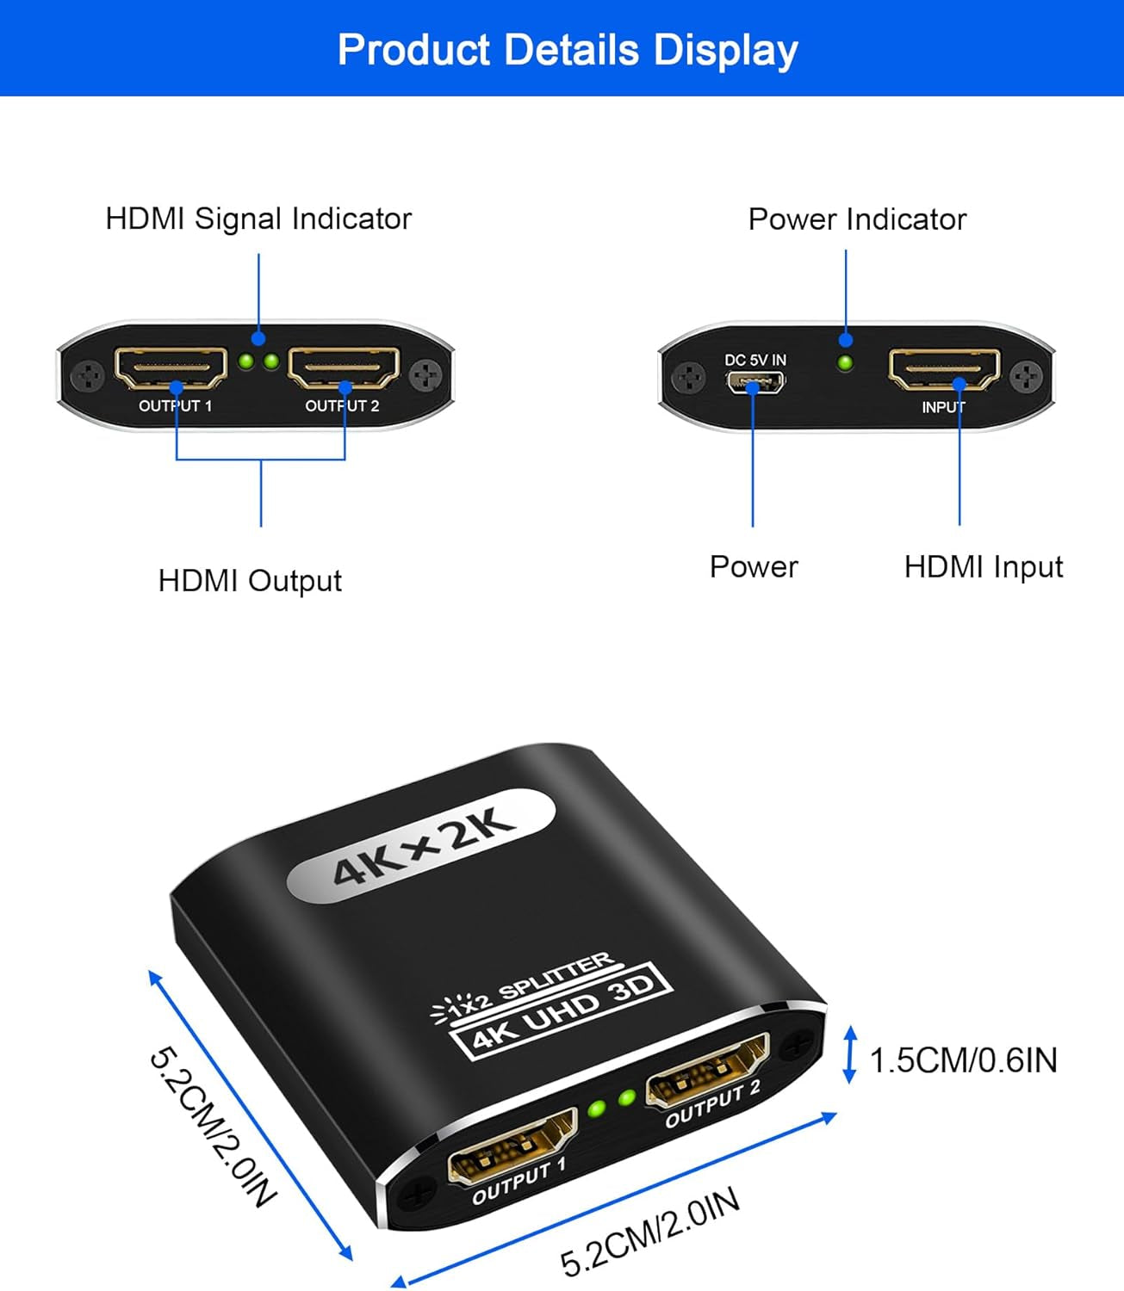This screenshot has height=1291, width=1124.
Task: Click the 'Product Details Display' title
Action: pos(568,50)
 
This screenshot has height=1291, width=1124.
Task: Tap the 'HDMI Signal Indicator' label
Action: pos(258,219)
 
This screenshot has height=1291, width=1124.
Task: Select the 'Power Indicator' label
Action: pos(857,219)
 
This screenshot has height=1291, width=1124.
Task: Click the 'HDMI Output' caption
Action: pos(250,580)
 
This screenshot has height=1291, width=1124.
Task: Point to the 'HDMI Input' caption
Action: pos(984,566)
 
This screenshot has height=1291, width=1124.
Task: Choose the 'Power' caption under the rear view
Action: pos(754,566)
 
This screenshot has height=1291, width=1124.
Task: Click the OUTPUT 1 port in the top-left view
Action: pos(171,368)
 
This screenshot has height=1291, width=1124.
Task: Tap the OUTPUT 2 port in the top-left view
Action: pos(345,368)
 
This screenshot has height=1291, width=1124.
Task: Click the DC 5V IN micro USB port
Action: pos(755,382)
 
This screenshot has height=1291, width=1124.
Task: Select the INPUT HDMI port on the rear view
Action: pos(945,369)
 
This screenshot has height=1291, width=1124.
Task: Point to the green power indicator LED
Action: pos(845,363)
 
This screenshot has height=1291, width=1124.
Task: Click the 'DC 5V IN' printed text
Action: pos(755,360)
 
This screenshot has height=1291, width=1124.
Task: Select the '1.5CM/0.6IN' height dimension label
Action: pos(963,1060)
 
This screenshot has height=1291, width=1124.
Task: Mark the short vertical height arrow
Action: pos(851,1055)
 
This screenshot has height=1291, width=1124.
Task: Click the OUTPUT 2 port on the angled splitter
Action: pos(708,1071)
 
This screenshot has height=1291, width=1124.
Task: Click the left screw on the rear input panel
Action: pos(687,377)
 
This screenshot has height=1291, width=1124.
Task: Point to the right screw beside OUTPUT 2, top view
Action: pos(426,375)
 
